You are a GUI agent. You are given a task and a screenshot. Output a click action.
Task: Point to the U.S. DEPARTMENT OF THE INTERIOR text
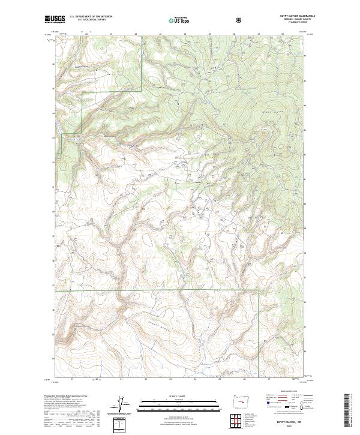91,17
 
